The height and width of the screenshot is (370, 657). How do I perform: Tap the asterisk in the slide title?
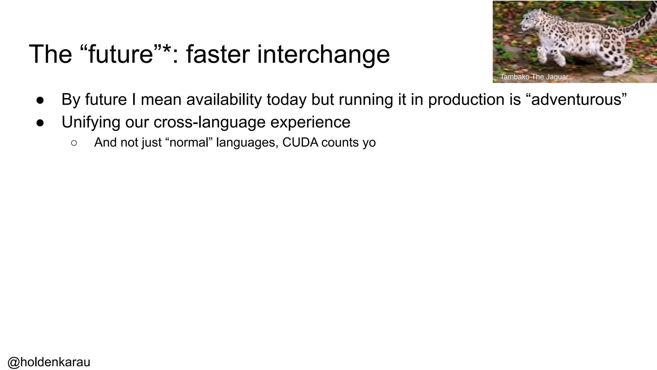click(x=166, y=48)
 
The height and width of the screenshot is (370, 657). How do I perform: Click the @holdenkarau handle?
click(x=49, y=362)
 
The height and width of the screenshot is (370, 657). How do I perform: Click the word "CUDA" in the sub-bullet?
click(x=300, y=142)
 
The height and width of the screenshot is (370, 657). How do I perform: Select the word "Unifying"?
click(x=91, y=122)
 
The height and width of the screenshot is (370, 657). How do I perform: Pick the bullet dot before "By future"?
click(x=40, y=100)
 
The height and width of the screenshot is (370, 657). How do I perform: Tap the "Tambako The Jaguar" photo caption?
click(x=534, y=77)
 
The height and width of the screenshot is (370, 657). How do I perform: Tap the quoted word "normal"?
click(x=190, y=142)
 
